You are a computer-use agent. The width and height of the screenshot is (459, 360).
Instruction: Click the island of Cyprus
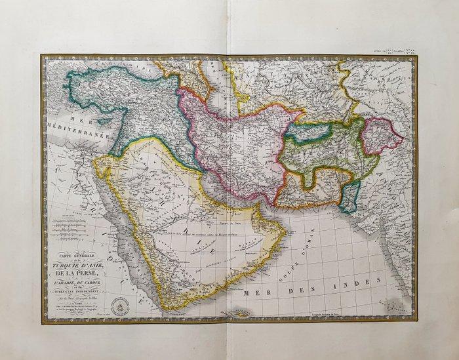click(x=105, y=121)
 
